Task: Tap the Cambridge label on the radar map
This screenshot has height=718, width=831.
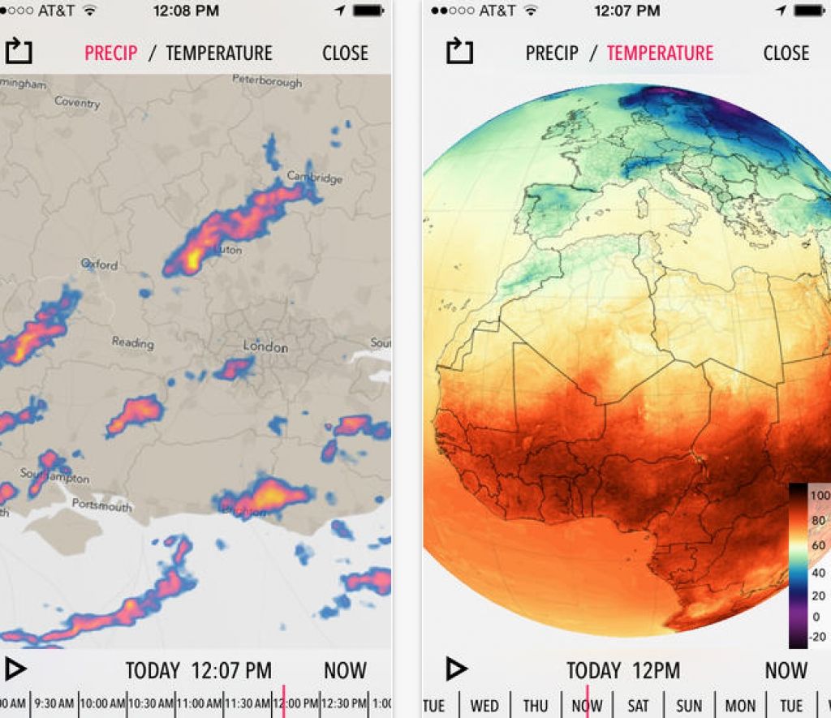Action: point(314,177)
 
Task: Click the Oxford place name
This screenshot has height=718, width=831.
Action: point(99,264)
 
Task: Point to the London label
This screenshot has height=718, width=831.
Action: point(265,346)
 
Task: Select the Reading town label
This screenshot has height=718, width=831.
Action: point(132,342)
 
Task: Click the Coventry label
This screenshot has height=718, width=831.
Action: point(77,102)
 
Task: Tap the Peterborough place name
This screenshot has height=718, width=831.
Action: point(266,80)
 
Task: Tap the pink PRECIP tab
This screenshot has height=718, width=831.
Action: point(111,54)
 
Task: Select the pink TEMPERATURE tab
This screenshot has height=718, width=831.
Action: point(660,54)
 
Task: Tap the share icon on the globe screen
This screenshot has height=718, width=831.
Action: point(459,51)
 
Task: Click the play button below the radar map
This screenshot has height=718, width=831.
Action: point(15,669)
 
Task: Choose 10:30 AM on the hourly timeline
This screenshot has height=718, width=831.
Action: point(150,703)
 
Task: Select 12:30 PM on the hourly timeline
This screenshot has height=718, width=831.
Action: point(345,703)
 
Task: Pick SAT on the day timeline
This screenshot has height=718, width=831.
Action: point(638,706)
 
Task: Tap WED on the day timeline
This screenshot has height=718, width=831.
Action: point(484,706)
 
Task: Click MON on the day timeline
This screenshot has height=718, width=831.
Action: point(740,706)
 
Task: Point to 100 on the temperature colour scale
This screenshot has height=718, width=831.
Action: point(820,495)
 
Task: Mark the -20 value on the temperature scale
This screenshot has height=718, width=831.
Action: point(818,636)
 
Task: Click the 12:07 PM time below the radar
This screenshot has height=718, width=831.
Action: point(231,671)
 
